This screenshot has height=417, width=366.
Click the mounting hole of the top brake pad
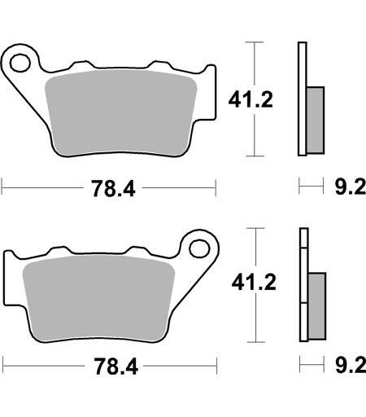20,63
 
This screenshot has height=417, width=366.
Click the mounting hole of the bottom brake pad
199,248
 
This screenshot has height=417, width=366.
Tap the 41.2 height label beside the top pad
251,99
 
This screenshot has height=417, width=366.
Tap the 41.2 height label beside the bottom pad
254,282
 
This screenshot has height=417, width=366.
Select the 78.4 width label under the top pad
113,188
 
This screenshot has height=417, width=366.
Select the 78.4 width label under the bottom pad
116,367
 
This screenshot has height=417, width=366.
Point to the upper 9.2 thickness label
351,187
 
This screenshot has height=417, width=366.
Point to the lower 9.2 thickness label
351,366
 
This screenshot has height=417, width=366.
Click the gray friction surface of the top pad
120,112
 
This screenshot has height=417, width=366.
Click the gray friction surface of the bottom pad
98,298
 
